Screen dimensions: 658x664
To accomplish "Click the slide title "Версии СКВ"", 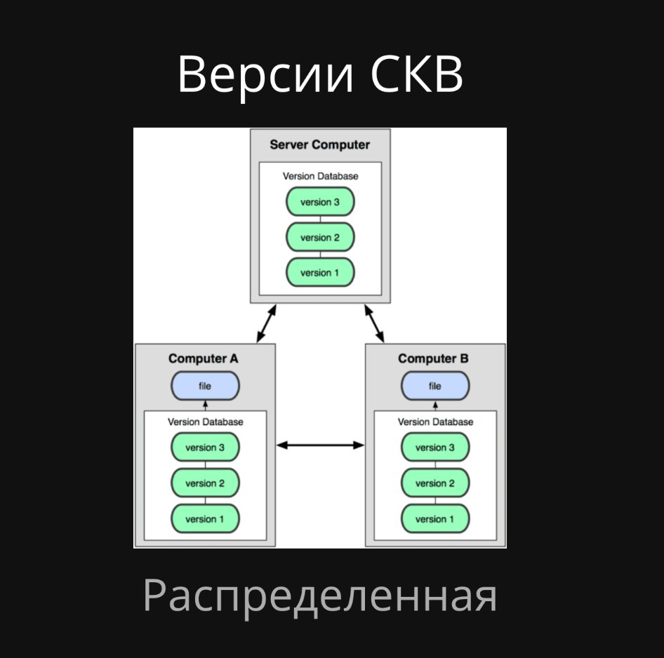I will (x=320, y=74).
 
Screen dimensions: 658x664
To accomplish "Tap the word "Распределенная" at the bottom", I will (x=320, y=596).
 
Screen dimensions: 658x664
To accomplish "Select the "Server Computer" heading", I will (x=319, y=145).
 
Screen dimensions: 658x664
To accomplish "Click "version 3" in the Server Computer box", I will (x=320, y=202).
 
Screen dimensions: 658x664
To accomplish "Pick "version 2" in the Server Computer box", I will (x=320, y=238).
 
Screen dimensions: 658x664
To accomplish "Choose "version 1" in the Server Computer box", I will (x=320, y=273).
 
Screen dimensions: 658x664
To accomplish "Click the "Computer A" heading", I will (x=204, y=358).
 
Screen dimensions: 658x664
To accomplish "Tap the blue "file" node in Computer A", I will (x=205, y=386).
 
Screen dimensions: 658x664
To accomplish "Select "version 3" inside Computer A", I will (x=205, y=448).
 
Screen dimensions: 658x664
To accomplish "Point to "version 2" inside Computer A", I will (x=205, y=483).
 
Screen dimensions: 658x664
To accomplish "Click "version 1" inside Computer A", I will (x=205, y=519).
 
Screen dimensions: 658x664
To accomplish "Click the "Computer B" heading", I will (x=433, y=358).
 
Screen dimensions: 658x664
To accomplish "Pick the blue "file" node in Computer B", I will (x=435, y=386).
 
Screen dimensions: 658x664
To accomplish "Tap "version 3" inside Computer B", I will (x=435, y=448).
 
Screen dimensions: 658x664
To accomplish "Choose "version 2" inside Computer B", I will (x=435, y=483).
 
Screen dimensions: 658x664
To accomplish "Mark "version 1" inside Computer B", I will (x=435, y=519).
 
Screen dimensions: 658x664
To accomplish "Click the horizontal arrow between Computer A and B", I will (x=320, y=445).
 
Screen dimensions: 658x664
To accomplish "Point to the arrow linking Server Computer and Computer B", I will (x=375, y=323).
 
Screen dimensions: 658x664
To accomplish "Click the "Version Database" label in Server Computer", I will (x=320, y=176).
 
